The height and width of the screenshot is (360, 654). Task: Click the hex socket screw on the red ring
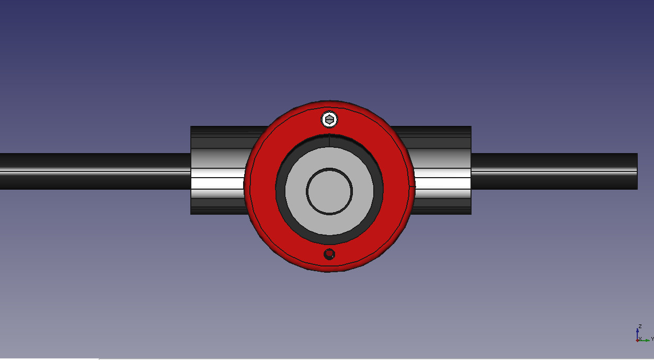pyautogui.click(x=329, y=119)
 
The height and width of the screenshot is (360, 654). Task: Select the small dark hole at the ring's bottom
pyautogui.click(x=329, y=254)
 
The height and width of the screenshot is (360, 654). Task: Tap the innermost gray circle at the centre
pyautogui.click(x=329, y=191)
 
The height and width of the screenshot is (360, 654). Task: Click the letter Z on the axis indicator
pyautogui.click(x=640, y=326)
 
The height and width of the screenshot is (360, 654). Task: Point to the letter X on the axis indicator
pyautogui.click(x=640, y=339)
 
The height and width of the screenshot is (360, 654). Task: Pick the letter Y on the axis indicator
pyautogui.click(x=652, y=339)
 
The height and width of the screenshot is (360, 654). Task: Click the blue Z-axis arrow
pyautogui.click(x=637, y=334)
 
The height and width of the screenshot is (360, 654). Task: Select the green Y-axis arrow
pyautogui.click(x=644, y=341)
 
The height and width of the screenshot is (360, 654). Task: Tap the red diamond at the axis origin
pyautogui.click(x=637, y=341)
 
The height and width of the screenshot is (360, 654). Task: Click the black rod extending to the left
pyautogui.click(x=95, y=171)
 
